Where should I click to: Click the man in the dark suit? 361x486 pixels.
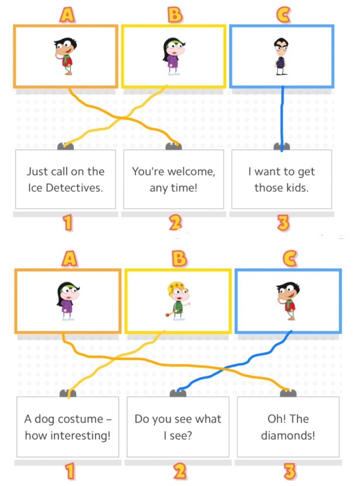click(281, 56)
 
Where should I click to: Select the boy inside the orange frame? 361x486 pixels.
click(65, 56)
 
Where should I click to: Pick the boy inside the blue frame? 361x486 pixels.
click(288, 300)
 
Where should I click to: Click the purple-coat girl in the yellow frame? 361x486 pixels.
click(173, 56)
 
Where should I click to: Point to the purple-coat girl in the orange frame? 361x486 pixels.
click(68, 300)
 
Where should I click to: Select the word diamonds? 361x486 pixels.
click(288, 436)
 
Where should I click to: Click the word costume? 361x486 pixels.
click(80, 419)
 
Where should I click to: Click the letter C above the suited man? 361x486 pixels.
click(283, 15)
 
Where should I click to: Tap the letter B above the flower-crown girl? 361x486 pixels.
click(179, 258)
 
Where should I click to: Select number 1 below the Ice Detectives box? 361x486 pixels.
click(67, 223)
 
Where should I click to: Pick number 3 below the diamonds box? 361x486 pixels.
click(290, 471)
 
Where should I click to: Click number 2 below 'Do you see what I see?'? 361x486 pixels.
click(179, 471)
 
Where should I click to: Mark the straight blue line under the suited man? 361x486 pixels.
click(282, 118)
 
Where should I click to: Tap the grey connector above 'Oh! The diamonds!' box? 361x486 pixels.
click(288, 393)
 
